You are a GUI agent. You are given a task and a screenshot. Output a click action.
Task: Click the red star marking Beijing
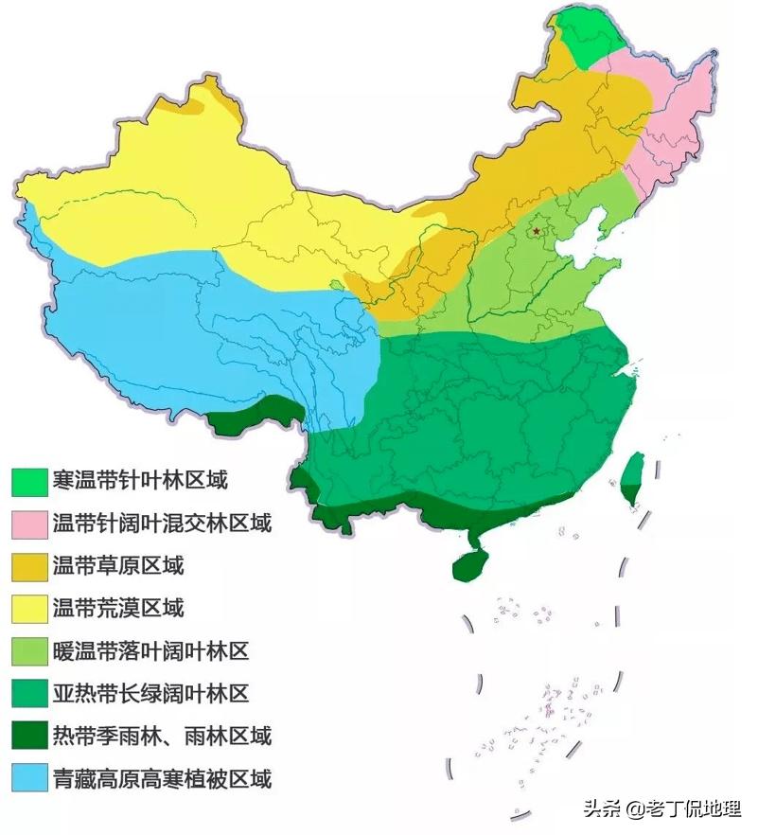pyautogui.click(x=538, y=230)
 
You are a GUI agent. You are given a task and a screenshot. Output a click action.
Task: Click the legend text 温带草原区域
pyautogui.click(x=117, y=566)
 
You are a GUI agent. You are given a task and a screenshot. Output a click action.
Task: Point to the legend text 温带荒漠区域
pyautogui.click(x=117, y=609)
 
